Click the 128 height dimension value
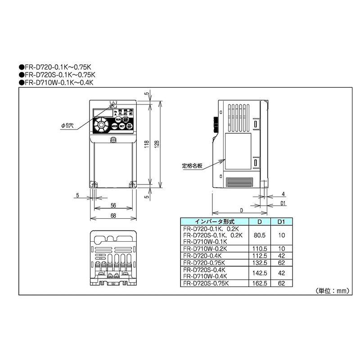(x=156, y=144)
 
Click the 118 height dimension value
(x=147, y=144)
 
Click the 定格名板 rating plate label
(x=192, y=165)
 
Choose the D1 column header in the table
(x=281, y=222)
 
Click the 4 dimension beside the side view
(x=282, y=194)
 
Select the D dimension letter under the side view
(x=241, y=210)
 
